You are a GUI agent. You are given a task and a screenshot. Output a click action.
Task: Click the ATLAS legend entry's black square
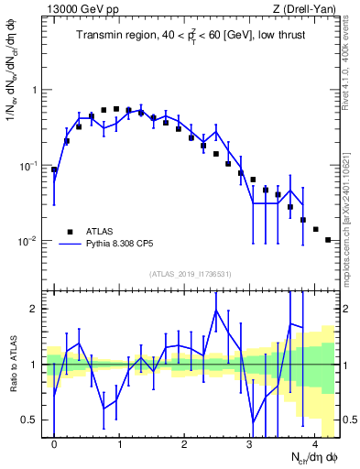[69, 232]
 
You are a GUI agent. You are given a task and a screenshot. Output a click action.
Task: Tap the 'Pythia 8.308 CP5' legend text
[125, 245]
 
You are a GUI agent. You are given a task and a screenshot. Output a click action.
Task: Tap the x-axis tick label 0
[54, 444]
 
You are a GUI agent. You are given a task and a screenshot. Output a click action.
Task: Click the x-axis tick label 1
[119, 444]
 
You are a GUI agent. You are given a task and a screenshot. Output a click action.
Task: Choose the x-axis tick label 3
[249, 444]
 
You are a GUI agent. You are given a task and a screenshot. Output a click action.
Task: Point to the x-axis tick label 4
[314, 444]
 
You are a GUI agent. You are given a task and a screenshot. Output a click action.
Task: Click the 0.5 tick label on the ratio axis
[31, 420]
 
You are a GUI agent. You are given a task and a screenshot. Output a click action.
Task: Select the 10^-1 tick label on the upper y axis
[29, 166]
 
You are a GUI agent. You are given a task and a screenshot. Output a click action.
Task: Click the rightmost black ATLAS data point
[328, 240]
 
